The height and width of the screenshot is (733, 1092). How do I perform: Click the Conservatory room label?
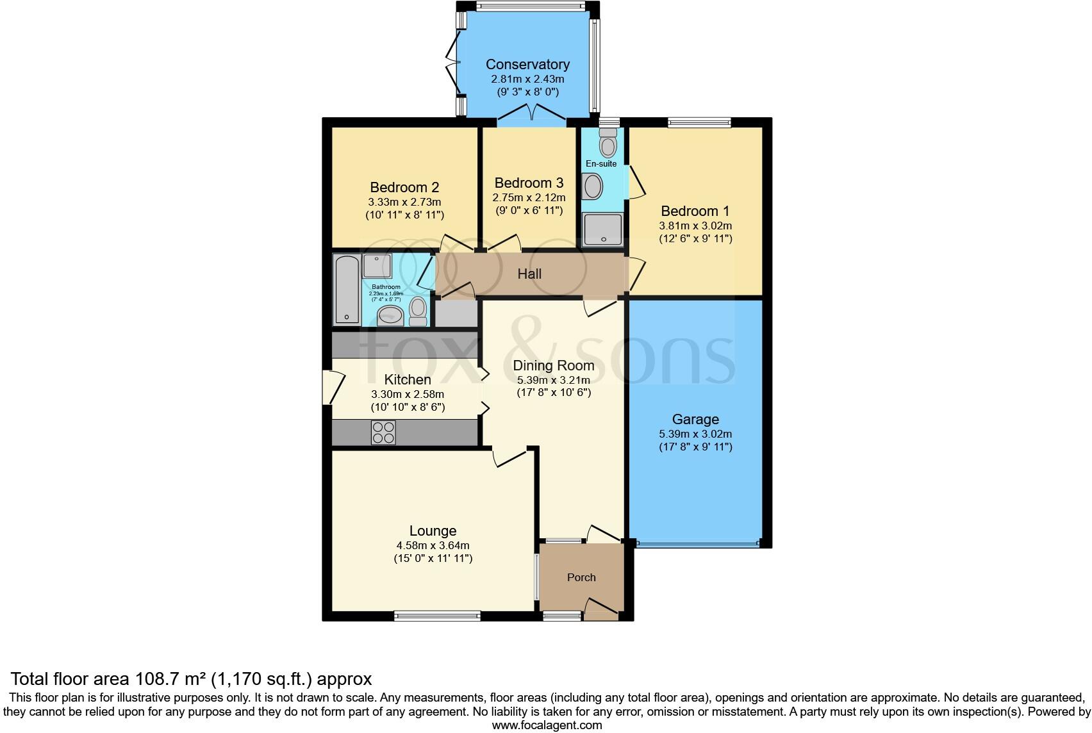click(527, 64)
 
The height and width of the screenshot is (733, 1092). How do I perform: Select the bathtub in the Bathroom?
click(347, 288)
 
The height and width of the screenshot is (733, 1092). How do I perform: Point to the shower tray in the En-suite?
click(602, 229)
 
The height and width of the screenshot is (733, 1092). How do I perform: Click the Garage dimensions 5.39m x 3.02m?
click(695, 434)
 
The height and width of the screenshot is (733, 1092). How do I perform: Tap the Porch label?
click(581, 577)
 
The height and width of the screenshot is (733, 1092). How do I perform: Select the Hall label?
click(529, 274)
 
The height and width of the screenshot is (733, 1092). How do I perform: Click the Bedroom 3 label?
click(529, 183)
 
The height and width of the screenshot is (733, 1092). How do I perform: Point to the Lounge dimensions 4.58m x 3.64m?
click(433, 545)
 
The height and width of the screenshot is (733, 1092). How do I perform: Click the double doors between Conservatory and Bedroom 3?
click(532, 113)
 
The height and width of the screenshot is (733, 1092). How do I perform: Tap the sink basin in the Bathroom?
click(390, 315)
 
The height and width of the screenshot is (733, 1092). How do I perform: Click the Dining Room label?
click(554, 365)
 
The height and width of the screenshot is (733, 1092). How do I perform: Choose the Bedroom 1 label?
click(695, 211)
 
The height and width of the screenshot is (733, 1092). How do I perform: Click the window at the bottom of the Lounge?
click(438, 616)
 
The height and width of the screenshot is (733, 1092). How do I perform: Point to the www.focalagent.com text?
click(547, 725)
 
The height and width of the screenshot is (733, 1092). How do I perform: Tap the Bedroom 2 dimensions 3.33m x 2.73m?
click(404, 202)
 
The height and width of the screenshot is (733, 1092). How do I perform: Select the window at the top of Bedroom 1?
click(699, 122)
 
